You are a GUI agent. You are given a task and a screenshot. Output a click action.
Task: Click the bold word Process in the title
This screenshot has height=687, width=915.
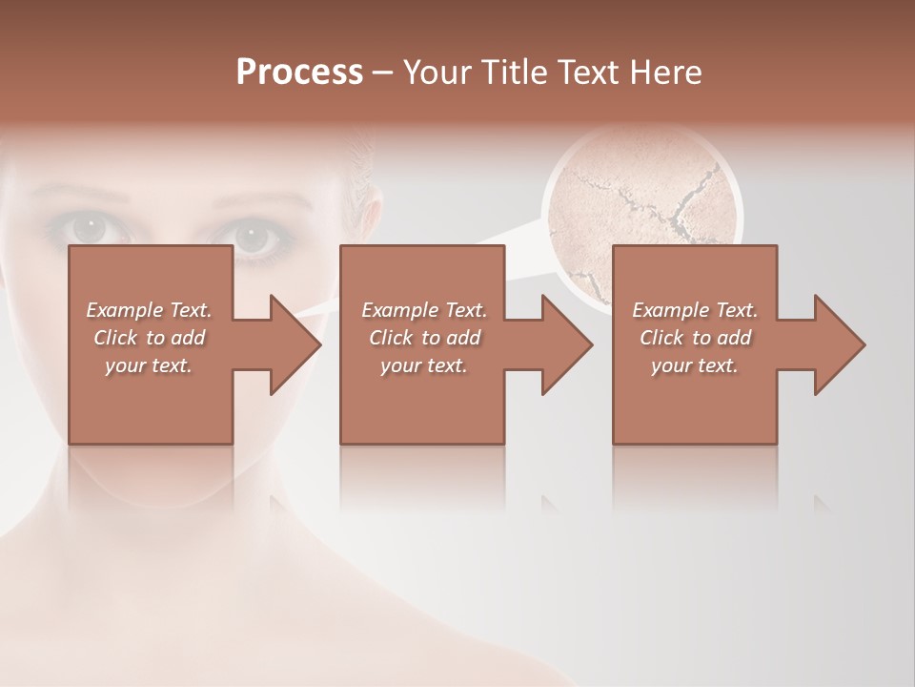click(x=299, y=73)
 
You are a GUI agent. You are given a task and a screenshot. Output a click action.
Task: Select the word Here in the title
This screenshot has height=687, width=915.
click(x=667, y=73)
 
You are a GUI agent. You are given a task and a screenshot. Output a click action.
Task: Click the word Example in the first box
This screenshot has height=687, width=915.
click(x=125, y=310)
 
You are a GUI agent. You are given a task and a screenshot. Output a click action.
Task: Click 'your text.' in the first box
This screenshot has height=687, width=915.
click(x=149, y=365)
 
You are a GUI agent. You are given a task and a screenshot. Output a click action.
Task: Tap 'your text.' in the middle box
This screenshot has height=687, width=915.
click(x=423, y=365)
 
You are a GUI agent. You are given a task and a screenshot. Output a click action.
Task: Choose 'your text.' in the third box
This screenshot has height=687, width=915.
click(x=695, y=365)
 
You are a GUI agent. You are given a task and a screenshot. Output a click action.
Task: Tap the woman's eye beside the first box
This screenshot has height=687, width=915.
click(x=92, y=229)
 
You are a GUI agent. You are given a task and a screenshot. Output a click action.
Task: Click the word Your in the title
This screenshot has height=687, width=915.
click(x=435, y=73)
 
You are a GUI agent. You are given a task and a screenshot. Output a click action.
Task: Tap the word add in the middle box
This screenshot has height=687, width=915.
click(x=462, y=338)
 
